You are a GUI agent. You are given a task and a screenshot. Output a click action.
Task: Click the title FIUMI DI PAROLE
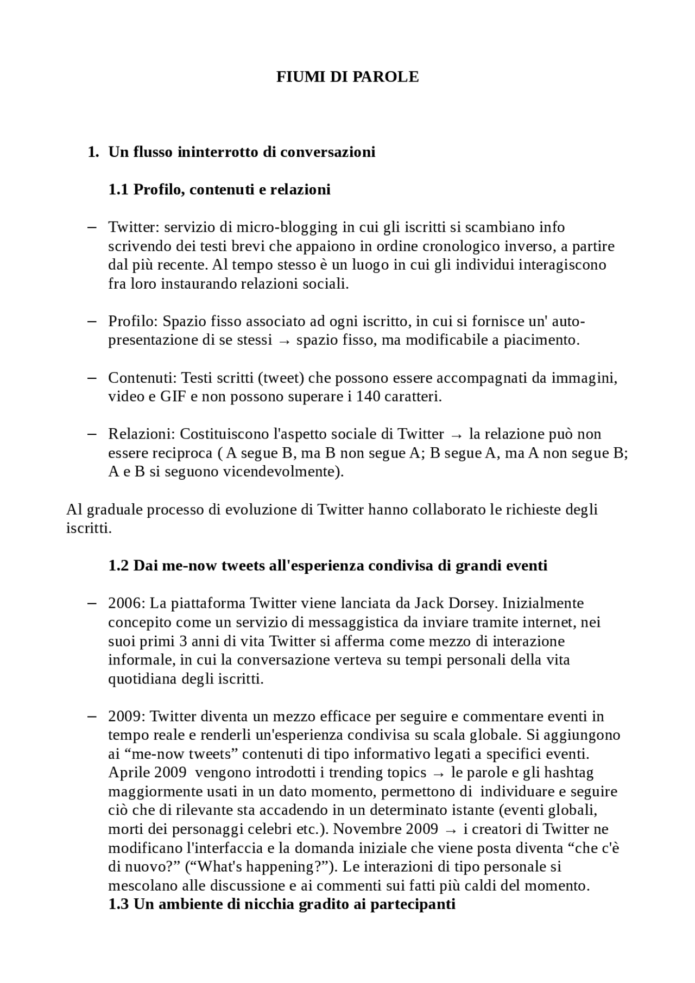tap(347, 77)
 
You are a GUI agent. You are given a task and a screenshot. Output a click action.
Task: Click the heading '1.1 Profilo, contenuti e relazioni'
tap(219, 189)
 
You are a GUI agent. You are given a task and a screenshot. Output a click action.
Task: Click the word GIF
tap(173, 397)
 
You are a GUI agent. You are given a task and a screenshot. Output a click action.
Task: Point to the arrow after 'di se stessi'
tap(284, 341)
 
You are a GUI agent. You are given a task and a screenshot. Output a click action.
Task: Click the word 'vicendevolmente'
tap(292, 472)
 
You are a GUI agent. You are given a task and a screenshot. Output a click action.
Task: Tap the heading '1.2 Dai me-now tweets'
tap(327, 566)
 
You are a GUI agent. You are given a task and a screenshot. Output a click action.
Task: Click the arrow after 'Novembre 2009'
tap(451, 830)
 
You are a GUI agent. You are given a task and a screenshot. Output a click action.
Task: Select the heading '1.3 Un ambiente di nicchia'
tap(281, 904)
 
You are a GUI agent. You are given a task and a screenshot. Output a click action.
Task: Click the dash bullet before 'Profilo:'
tap(92, 321)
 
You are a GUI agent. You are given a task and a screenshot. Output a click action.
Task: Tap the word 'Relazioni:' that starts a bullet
tap(142, 434)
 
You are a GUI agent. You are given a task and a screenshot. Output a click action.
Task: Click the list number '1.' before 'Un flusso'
tap(93, 152)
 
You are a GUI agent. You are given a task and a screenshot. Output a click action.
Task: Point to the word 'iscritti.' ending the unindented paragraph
tap(89, 528)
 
